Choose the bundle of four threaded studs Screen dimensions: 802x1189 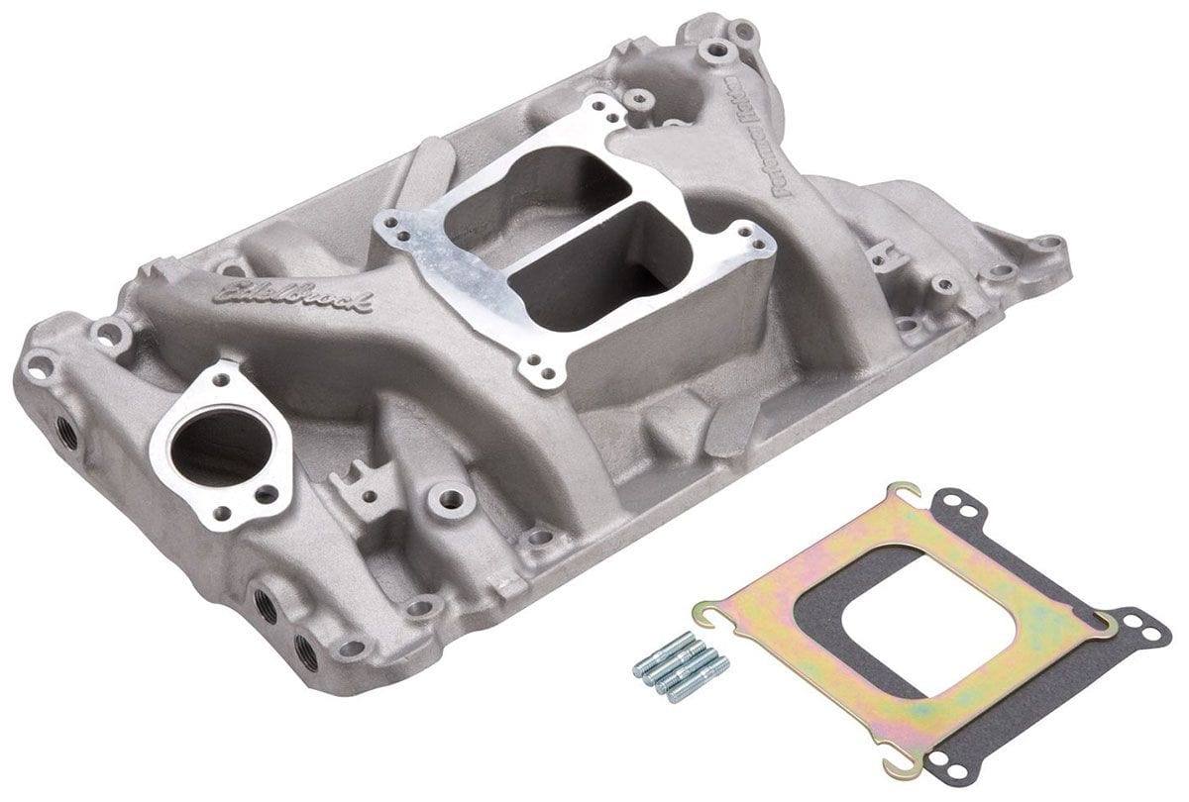click(x=681, y=669)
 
